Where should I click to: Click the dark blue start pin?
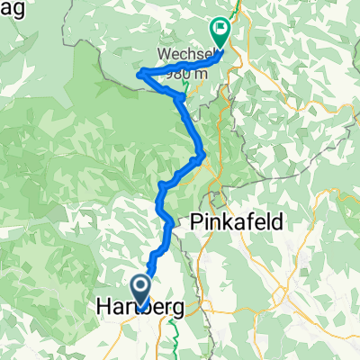[141, 291]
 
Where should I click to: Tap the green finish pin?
[220, 32]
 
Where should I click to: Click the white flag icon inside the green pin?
[220, 29]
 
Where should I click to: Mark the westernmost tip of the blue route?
[138, 75]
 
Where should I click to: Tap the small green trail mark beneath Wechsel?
[185, 86]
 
